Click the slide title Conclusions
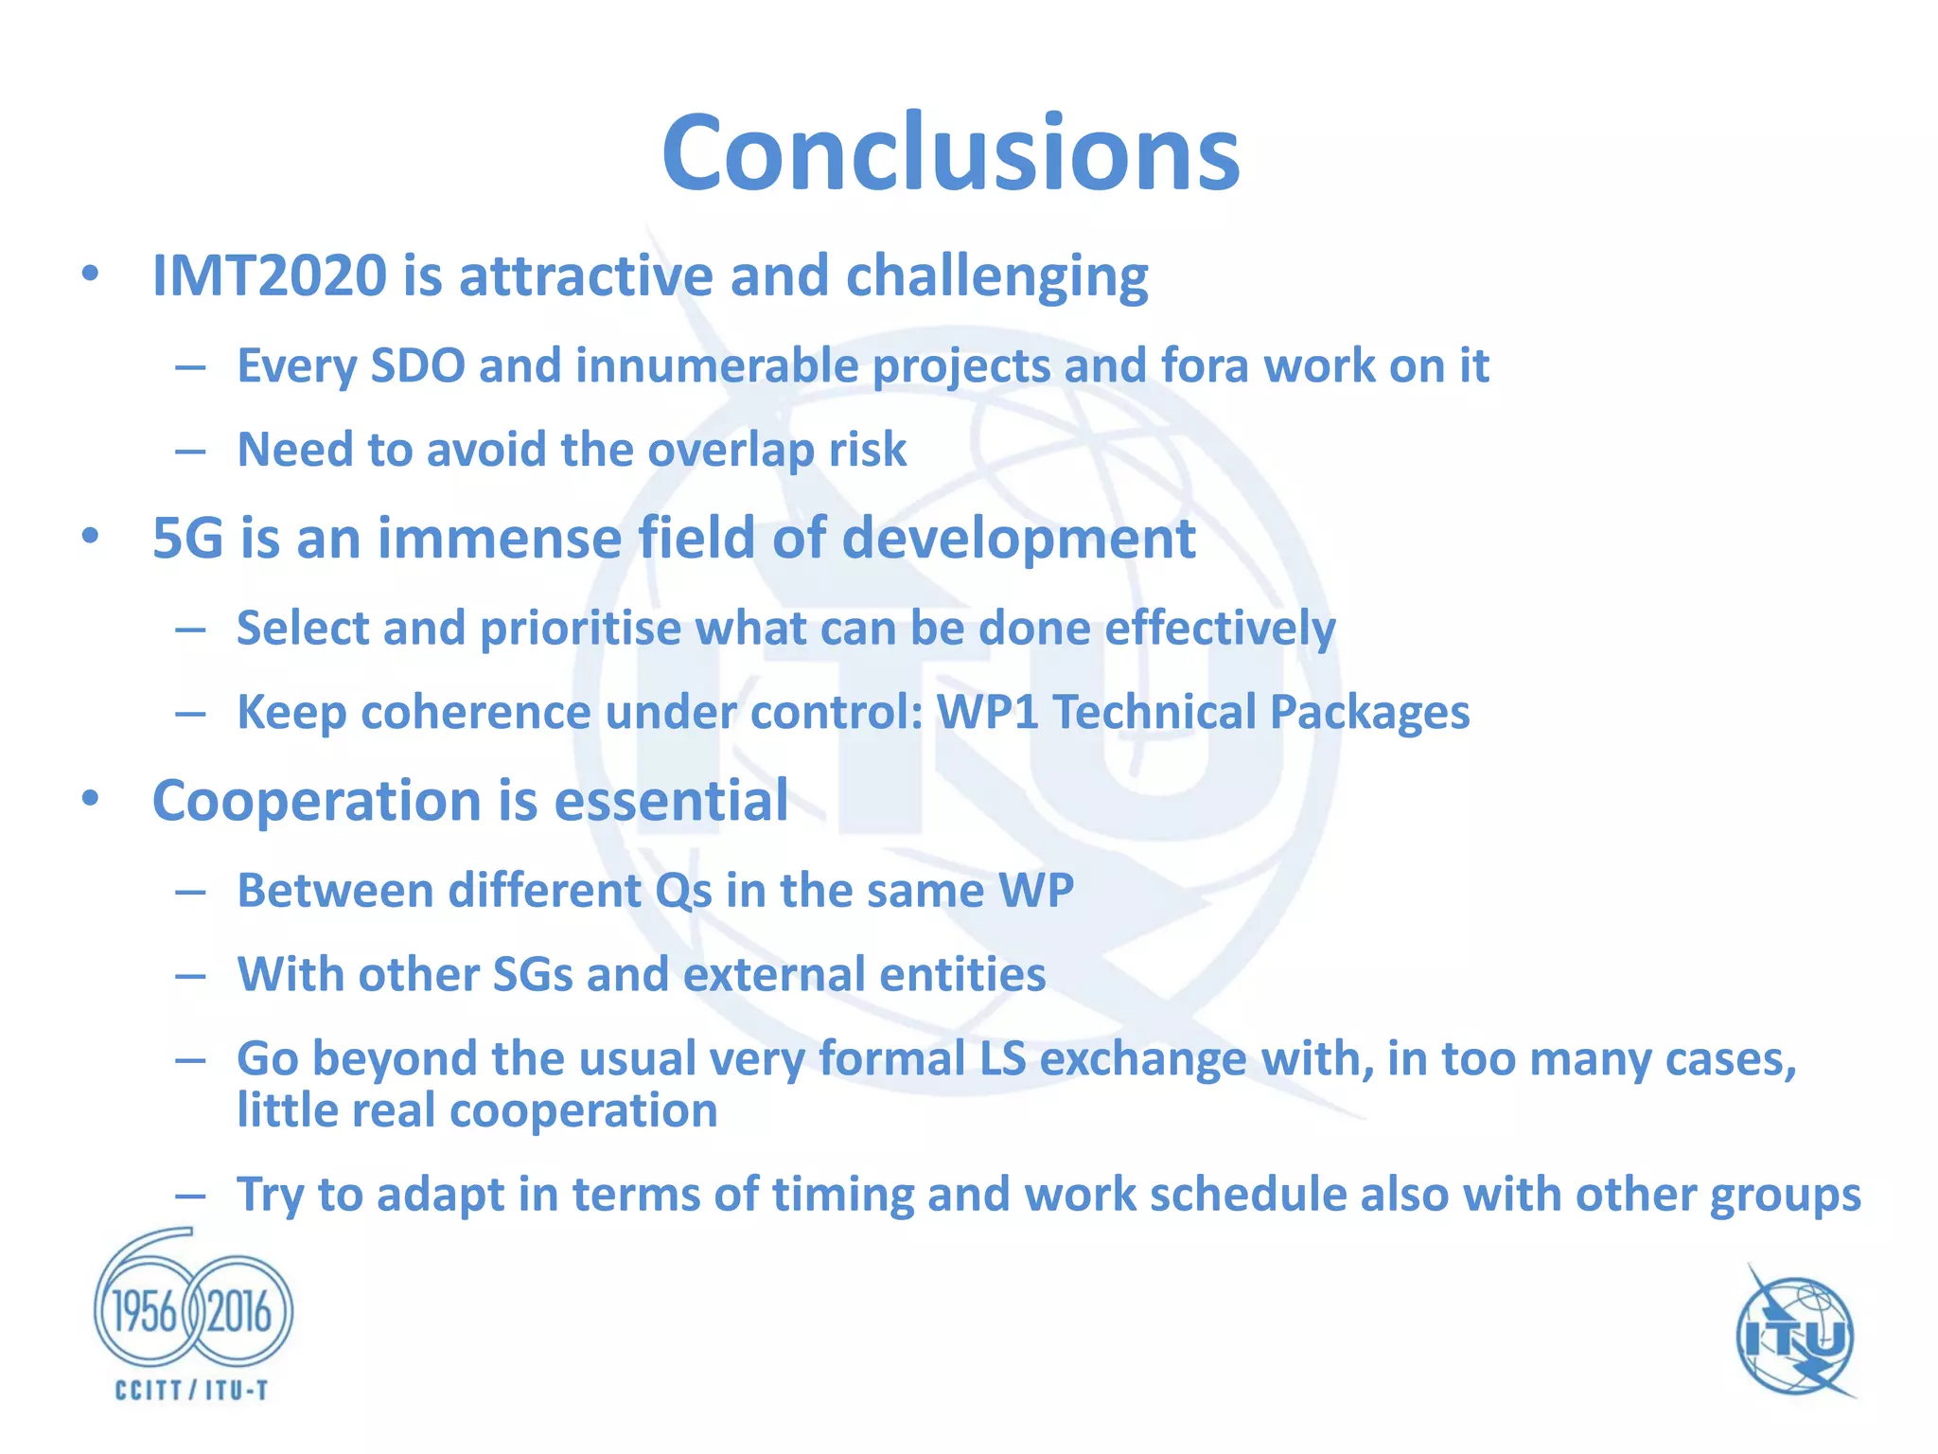[950, 153]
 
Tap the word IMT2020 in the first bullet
[270, 276]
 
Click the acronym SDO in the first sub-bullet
[417, 366]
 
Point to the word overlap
[731, 451]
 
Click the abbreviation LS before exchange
[1002, 1059]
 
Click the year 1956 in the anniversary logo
[145, 1313]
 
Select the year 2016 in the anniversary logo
[239, 1313]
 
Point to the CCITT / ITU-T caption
[192, 1391]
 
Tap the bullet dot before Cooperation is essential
[90, 799]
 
